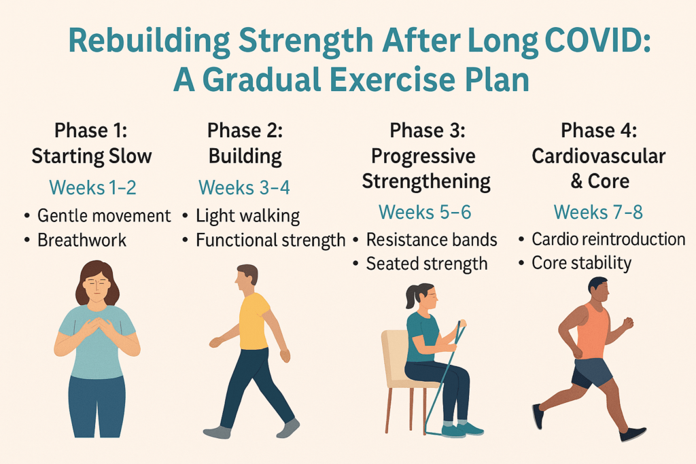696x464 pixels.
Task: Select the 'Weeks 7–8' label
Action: click(598, 211)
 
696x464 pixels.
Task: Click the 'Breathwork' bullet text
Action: click(82, 240)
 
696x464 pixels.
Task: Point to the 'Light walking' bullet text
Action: click(247, 217)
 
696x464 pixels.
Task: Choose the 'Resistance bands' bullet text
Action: click(432, 240)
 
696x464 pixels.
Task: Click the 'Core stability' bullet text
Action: click(582, 262)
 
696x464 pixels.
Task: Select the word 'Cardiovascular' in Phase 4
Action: click(598, 156)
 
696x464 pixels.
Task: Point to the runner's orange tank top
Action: click(591, 331)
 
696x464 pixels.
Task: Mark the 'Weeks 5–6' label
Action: click(425, 211)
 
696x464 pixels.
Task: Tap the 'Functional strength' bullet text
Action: click(271, 240)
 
